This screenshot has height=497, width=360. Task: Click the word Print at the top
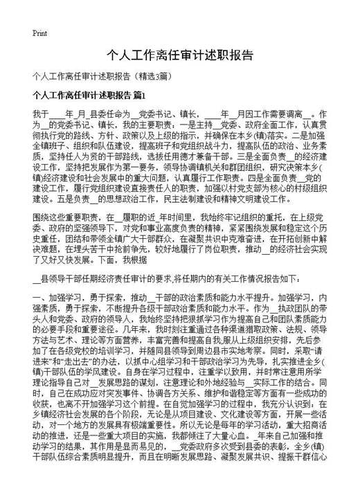[39, 33]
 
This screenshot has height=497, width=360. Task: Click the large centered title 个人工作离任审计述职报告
[179, 55]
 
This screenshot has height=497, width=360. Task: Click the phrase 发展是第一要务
[126, 167]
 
